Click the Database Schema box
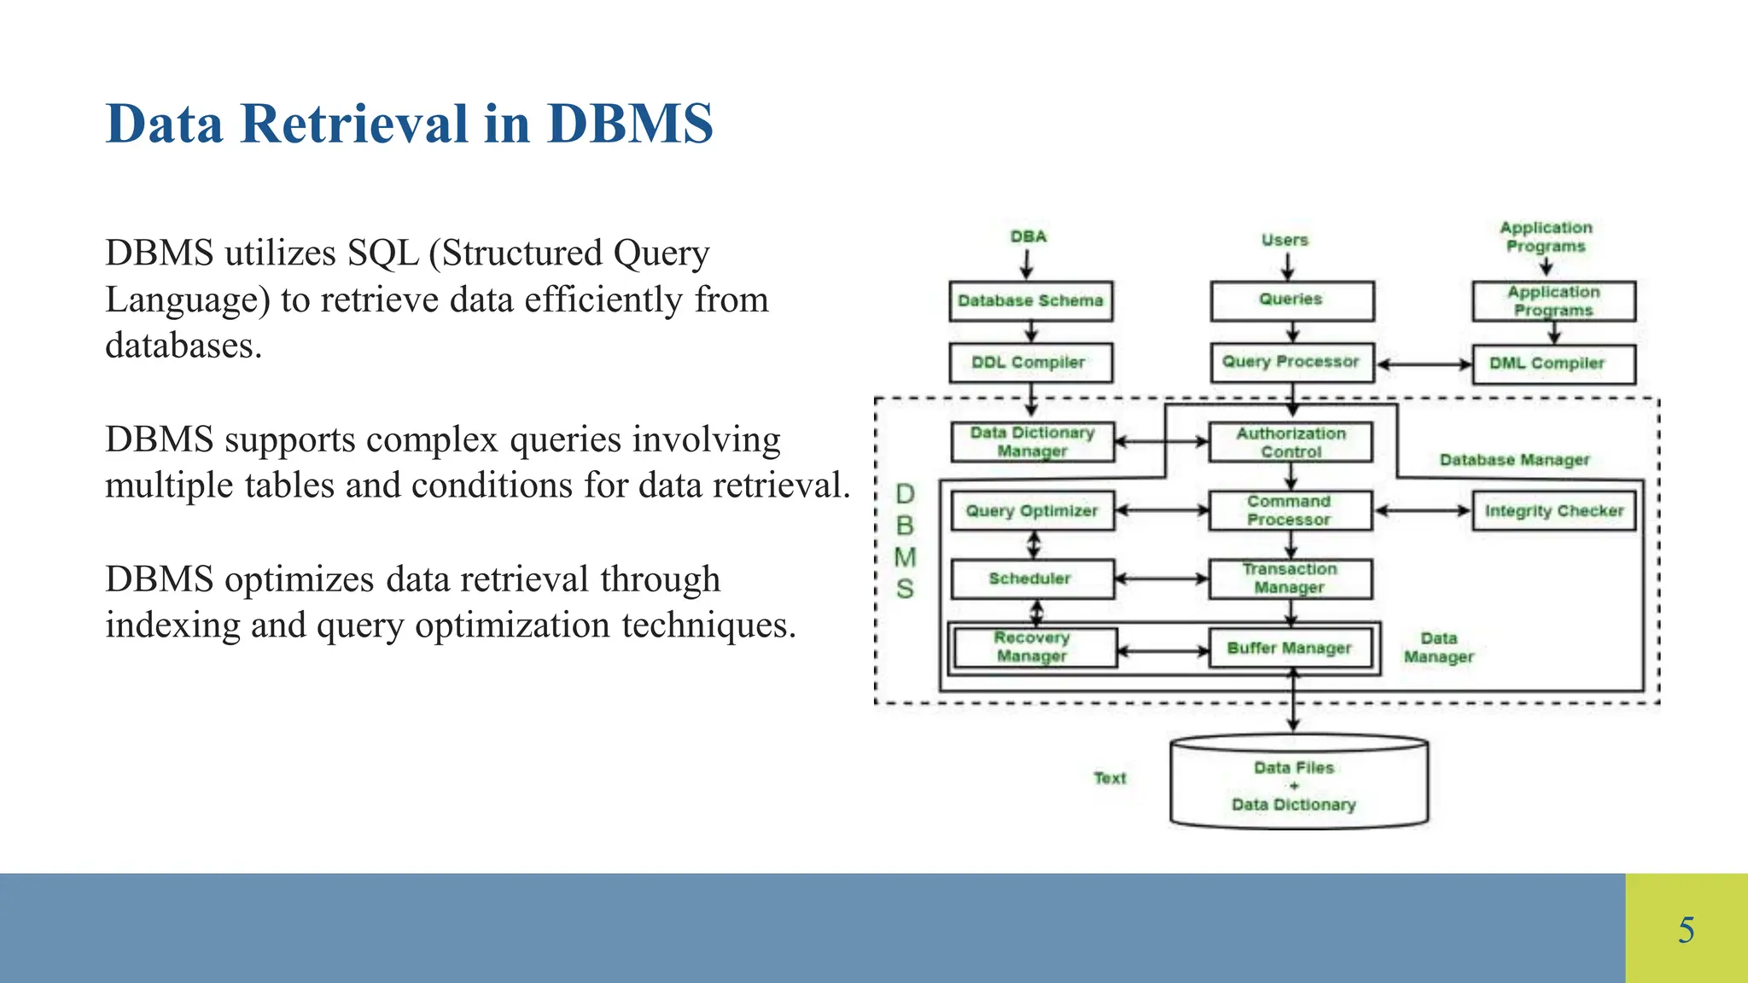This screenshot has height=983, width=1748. [1030, 301]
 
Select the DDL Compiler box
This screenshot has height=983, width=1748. [1030, 363]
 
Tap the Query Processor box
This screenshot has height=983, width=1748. [1291, 363]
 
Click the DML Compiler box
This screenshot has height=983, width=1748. [1553, 364]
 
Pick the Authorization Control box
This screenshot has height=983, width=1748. [1291, 443]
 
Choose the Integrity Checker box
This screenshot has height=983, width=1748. [1553, 511]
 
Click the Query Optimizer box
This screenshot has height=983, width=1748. [1032, 511]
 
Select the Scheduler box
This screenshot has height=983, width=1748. [1032, 579]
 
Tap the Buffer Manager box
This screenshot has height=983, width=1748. [1290, 649]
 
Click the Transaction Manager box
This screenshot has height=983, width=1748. [1290, 579]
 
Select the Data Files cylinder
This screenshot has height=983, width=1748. [1298, 785]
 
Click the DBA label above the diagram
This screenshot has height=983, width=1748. [1028, 237]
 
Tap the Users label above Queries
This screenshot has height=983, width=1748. [1285, 241]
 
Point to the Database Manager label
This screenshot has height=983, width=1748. [1514, 461]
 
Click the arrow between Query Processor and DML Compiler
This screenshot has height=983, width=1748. [1424, 364]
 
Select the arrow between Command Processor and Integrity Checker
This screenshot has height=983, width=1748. [1422, 511]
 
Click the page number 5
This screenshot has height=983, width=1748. [1686, 930]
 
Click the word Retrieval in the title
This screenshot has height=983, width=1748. [354, 125]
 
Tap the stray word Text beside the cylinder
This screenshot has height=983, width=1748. [1110, 778]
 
